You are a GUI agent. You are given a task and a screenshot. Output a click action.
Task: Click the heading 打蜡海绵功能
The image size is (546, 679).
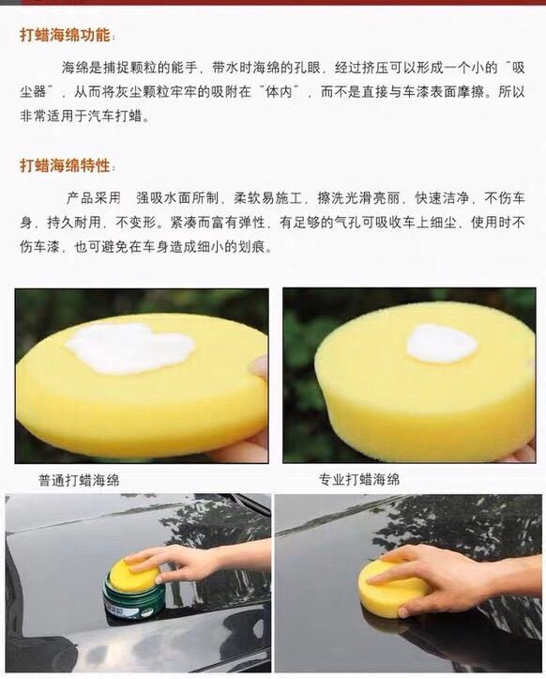click(x=65, y=35)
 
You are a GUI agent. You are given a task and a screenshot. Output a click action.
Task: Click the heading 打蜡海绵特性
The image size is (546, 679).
click(x=65, y=165)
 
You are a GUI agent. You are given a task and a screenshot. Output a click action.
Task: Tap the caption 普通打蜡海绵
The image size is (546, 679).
click(x=79, y=480)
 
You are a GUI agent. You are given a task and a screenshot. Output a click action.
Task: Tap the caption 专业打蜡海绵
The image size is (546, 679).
click(x=359, y=479)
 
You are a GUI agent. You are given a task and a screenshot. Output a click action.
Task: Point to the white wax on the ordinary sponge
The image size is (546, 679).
click(x=129, y=347)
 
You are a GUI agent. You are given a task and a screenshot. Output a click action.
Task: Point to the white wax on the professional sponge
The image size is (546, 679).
click(x=441, y=344)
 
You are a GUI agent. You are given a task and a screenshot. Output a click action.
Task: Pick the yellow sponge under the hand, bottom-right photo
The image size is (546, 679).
click(x=394, y=583)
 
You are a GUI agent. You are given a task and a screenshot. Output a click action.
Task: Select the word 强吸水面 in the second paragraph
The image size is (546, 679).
click(x=163, y=198)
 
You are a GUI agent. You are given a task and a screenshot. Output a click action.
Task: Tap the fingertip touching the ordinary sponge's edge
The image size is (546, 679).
click(x=258, y=367)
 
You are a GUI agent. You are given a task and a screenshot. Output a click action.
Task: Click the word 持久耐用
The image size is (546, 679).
click(x=74, y=223)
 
